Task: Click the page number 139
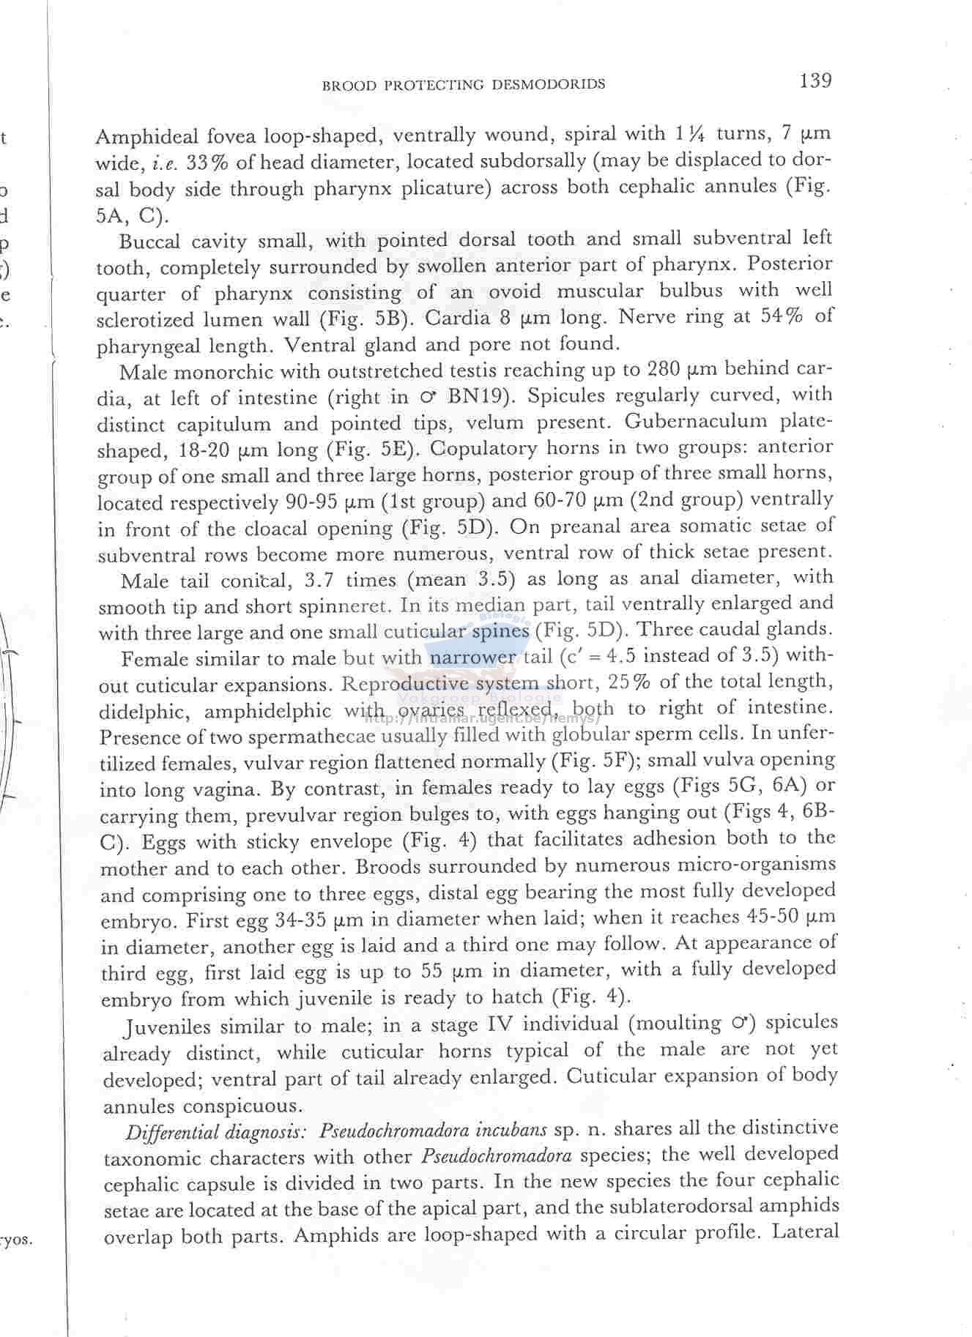815,80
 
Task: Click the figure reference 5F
614,761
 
